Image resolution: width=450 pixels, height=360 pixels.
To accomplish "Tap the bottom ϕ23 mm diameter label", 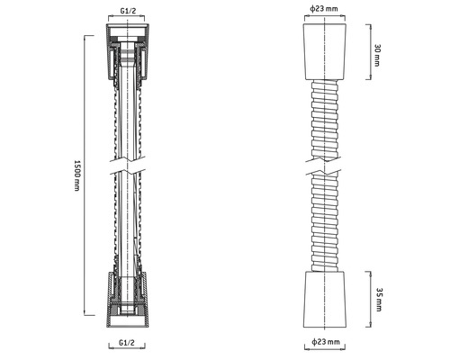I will (x=323, y=343).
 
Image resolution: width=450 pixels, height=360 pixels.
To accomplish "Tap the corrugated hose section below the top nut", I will (x=323, y=117).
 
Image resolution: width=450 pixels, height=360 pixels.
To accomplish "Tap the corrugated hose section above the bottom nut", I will (x=323, y=234).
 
